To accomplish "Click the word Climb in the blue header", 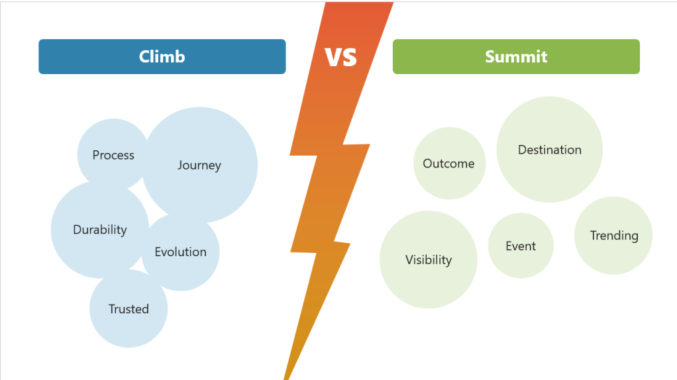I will pos(162,56).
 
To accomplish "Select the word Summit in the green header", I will pos(516,56).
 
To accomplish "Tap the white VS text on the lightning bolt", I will pos(340,57).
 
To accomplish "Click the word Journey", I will pos(199,166).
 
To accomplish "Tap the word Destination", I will pos(550,150).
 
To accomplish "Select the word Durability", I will pos(100,230).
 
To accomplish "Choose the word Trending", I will pos(614,236).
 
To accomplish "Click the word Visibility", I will pos(429,260).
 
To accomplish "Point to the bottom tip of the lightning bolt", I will pos(286,377).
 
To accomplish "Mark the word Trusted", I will pos(129,309).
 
